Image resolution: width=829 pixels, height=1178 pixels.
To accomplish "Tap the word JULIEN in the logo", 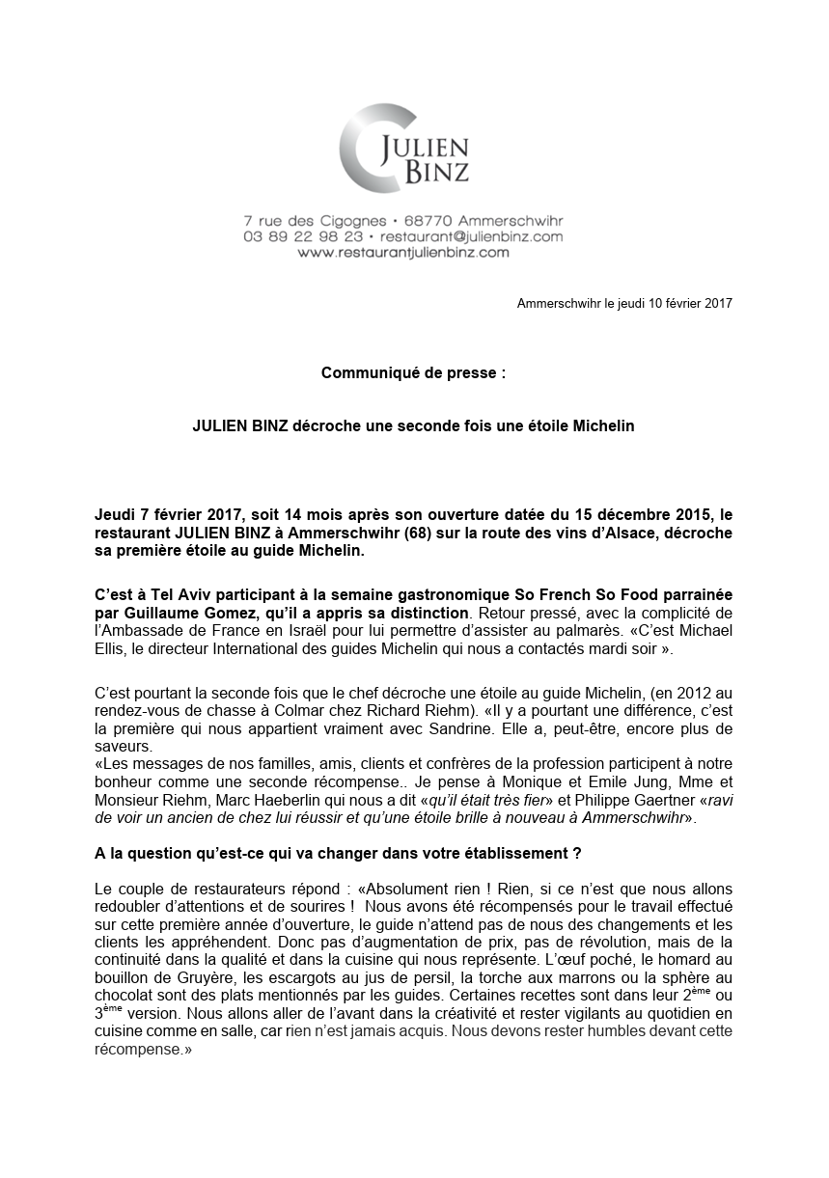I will point(426,146).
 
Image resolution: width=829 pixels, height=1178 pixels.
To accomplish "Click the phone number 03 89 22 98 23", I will point(303,236).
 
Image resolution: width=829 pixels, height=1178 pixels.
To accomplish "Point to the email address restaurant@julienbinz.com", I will point(472,236).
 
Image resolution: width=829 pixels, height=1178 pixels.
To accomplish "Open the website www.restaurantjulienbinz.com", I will point(403,253).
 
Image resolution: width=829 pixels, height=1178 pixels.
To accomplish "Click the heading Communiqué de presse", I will point(412,372).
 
